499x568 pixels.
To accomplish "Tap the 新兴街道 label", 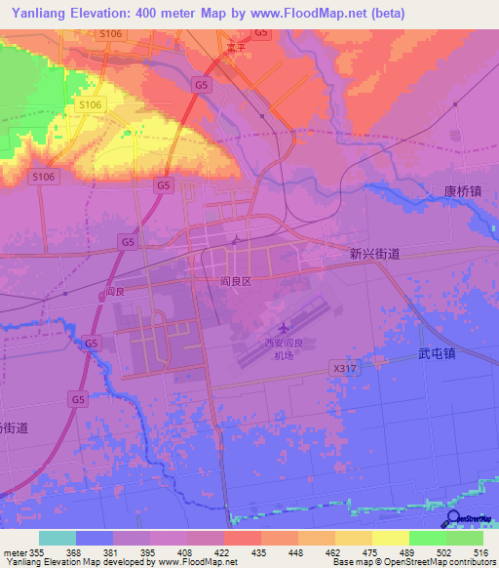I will [375, 253].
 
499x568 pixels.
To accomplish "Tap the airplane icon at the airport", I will [283, 328].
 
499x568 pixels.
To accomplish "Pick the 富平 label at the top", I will [232, 46].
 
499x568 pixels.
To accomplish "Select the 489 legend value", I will [391, 551].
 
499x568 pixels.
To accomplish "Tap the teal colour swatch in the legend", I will [58, 538].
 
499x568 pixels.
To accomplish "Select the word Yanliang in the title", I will [40, 13].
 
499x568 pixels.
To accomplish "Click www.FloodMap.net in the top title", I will [306, 13].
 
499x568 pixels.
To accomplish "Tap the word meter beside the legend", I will [15, 551].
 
